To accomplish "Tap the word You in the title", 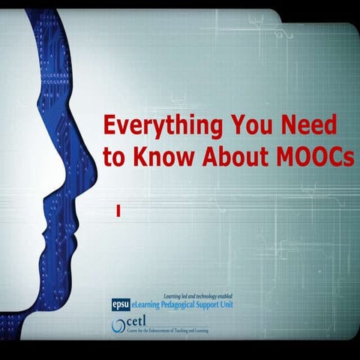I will pos(253,124).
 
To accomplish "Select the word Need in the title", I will pos(311,124).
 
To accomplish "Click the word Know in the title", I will pos(157,158).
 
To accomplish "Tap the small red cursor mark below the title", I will pos(118,213).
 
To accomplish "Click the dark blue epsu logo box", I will pos(120,304).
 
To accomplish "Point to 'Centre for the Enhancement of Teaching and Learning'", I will pos(159,331).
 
